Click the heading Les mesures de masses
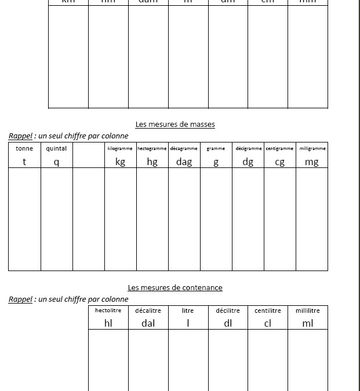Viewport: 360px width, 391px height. pyautogui.click(x=175, y=124)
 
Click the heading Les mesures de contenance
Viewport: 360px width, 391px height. pyautogui.click(x=175, y=287)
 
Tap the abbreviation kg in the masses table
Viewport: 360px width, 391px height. pyautogui.click(x=120, y=162)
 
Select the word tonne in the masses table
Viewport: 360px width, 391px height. pyautogui.click(x=24, y=148)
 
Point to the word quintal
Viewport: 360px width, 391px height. pyautogui.click(x=56, y=148)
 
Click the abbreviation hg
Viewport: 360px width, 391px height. pyautogui.click(x=152, y=162)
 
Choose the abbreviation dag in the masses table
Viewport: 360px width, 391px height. pyautogui.click(x=184, y=162)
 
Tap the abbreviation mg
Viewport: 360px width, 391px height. pyautogui.click(x=311, y=162)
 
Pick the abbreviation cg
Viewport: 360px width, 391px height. pyautogui.click(x=279, y=162)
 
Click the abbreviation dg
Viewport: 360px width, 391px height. pyautogui.click(x=248, y=162)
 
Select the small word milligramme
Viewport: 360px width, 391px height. pyautogui.click(x=312, y=149)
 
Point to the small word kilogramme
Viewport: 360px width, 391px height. pyautogui.click(x=120, y=149)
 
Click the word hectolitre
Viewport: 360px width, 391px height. pyautogui.click(x=108, y=310)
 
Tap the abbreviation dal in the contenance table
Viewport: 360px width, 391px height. pyautogui.click(x=148, y=323)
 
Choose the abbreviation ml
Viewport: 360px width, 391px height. pyautogui.click(x=307, y=323)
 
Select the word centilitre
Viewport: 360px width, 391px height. pyautogui.click(x=267, y=310)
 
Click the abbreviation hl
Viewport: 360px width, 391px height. pyautogui.click(x=108, y=323)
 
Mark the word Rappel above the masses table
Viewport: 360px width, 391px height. pyautogui.click(x=20, y=136)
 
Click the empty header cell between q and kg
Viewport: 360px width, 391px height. pyautogui.click(x=88, y=155)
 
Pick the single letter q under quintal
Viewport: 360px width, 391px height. pyautogui.click(x=56, y=162)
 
